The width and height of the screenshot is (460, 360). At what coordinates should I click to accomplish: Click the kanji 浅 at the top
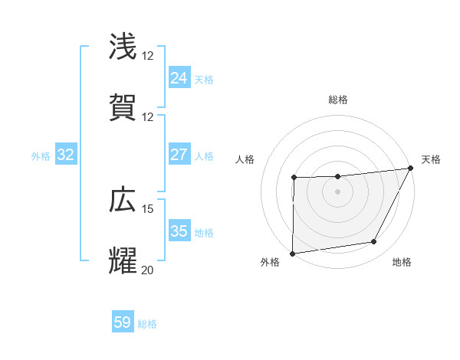(x=123, y=47)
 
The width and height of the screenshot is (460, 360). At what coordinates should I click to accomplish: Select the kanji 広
(x=123, y=200)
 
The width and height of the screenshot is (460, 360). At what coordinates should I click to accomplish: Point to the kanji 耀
(x=123, y=261)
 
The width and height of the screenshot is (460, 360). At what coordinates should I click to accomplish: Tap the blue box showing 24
(x=179, y=78)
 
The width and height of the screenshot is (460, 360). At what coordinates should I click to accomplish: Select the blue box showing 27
(x=179, y=155)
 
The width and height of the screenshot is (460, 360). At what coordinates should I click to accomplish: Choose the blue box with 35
(x=179, y=231)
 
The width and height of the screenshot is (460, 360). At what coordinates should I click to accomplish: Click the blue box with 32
(x=65, y=155)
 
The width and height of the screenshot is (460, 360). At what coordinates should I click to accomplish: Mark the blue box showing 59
(x=122, y=322)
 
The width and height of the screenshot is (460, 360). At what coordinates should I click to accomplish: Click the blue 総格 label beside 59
(x=147, y=324)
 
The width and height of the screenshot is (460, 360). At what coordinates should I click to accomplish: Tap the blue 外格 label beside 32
(x=41, y=156)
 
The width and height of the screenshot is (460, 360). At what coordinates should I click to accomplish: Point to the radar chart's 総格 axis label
(x=338, y=100)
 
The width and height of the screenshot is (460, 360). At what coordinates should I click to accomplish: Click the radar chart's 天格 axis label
(x=431, y=159)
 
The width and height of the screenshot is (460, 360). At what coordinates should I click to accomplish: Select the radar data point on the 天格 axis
(x=412, y=168)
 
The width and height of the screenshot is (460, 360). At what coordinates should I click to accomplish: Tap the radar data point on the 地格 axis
(x=374, y=242)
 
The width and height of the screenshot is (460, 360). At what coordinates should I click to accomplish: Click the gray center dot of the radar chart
(x=337, y=191)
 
